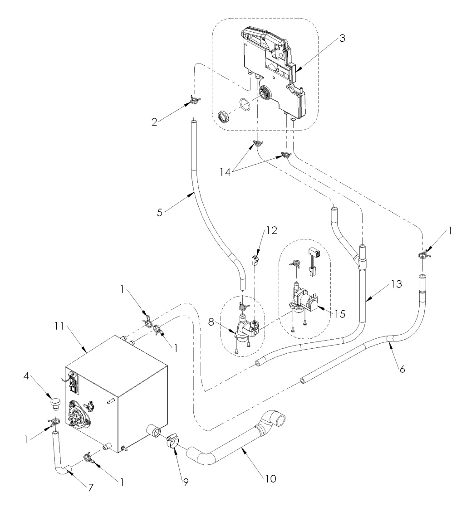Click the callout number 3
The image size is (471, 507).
(343, 39)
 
